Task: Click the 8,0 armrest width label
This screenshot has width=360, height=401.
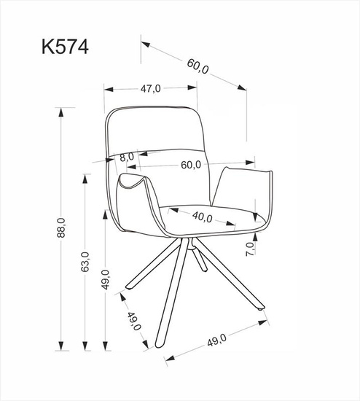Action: point(127,156)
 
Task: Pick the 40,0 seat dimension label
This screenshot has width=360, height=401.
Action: point(202,217)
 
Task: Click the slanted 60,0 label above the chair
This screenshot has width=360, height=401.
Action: point(197,66)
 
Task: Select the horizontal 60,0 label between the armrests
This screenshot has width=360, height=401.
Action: point(192,165)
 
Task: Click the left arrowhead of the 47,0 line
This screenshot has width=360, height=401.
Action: point(108,90)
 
